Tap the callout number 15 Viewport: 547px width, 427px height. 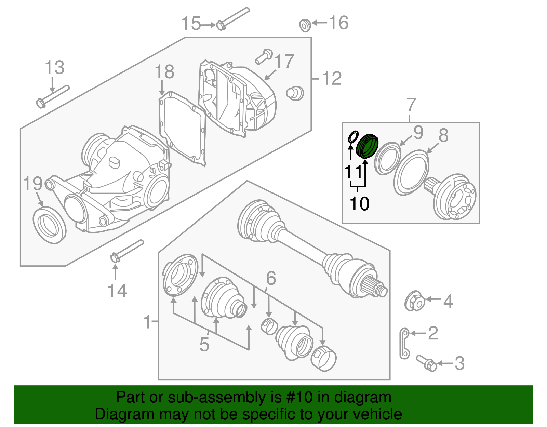click(x=191, y=24)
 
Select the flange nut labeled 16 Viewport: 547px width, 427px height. click(x=305, y=25)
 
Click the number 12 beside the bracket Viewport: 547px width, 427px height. click(x=332, y=79)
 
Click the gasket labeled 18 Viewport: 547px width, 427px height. click(x=182, y=128)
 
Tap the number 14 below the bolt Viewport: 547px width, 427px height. click(x=117, y=291)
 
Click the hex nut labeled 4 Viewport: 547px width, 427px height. click(x=415, y=301)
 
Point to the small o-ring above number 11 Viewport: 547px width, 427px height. click(x=353, y=137)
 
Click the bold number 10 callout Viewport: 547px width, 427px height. click(x=359, y=204)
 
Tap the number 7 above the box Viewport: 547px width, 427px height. click(x=411, y=105)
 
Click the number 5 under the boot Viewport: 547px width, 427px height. click(x=204, y=344)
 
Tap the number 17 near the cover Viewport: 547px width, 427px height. click(x=284, y=61)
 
